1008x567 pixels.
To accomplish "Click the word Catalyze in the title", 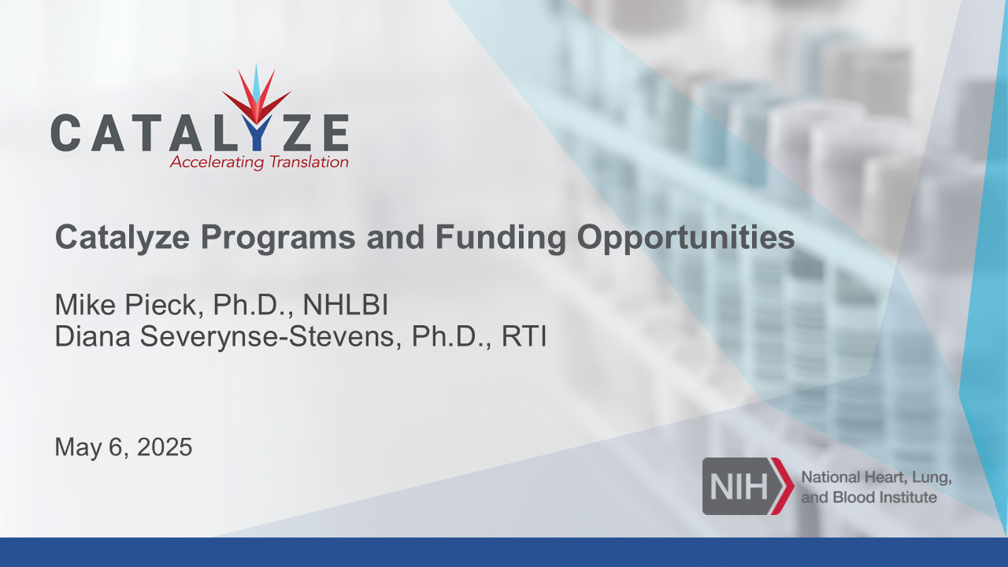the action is [122, 238].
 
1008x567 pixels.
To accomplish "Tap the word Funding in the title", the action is [500, 238].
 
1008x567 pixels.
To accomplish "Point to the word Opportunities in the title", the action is [686, 238].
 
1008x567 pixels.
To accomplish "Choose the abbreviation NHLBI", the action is [345, 305].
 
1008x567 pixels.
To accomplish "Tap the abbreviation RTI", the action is [524, 336].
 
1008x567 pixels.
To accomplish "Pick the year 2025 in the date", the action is [165, 447].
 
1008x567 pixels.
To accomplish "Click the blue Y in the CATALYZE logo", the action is [257, 133].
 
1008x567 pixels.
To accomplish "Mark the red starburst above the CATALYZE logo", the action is [257, 94].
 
